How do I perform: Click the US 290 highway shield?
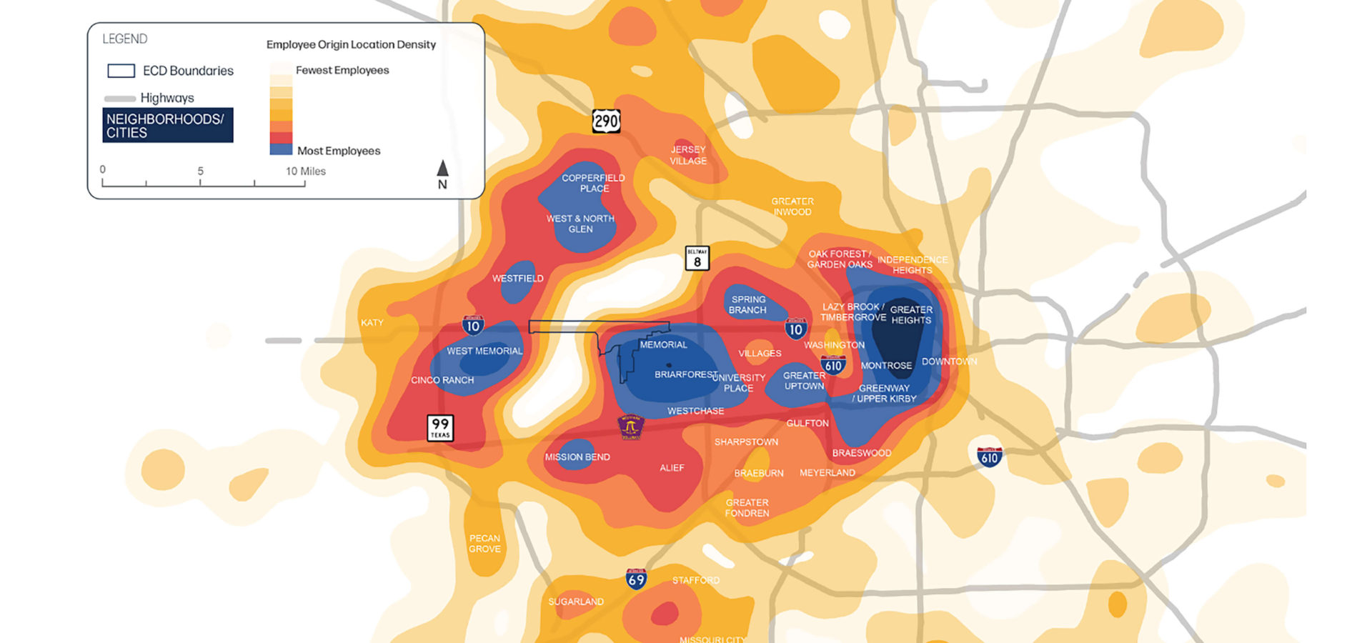[606, 121]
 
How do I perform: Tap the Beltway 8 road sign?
[697, 258]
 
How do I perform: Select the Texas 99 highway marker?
[440, 427]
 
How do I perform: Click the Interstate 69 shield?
[636, 579]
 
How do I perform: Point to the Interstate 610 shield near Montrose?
[833, 365]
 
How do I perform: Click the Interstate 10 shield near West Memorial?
[472, 326]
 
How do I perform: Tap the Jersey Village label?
[688, 155]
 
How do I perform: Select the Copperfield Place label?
[593, 183]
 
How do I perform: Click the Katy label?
[372, 323]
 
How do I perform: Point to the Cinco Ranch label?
[442, 380]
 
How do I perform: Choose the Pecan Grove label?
[484, 544]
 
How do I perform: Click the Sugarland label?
[575, 602]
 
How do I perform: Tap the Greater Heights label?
[911, 315]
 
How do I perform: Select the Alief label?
[672, 468]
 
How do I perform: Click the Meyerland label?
[827, 473]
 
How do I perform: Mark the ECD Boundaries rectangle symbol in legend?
[121, 71]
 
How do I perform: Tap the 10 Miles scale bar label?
[306, 171]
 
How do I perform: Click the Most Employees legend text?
[339, 151]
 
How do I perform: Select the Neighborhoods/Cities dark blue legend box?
[167, 125]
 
